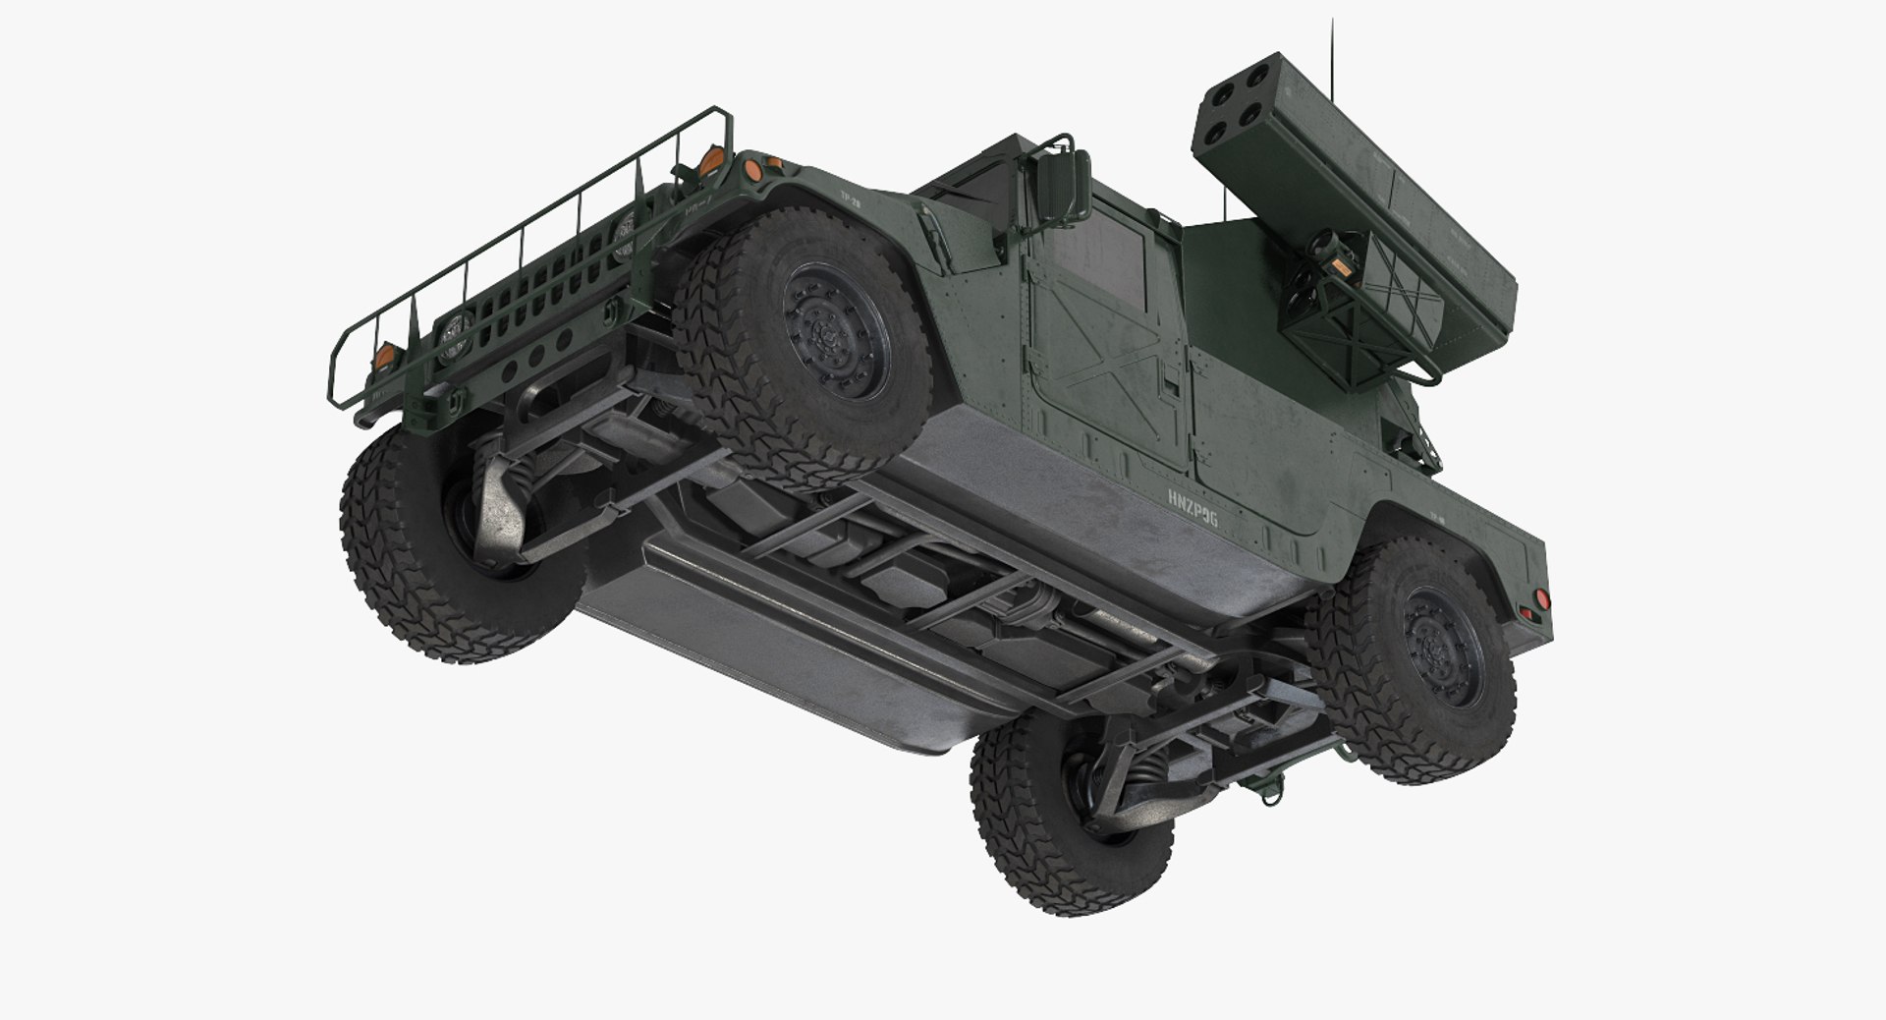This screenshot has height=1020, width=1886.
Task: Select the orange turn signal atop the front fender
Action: tap(754, 170)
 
